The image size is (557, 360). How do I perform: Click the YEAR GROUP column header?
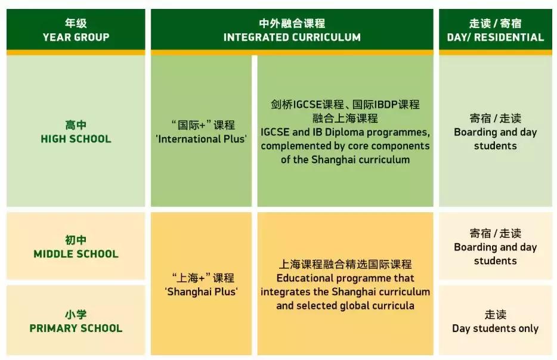pyautogui.click(x=75, y=37)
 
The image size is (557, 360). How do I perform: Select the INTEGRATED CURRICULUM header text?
pyautogui.click(x=292, y=37)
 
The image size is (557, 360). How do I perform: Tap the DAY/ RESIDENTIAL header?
pyautogui.click(x=495, y=37)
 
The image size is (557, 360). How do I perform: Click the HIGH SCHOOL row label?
pyautogui.click(x=76, y=139)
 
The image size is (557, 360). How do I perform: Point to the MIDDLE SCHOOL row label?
pyautogui.click(x=76, y=254)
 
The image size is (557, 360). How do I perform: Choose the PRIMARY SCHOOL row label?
pyautogui.click(x=76, y=328)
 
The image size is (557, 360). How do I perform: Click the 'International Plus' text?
pyautogui.click(x=201, y=139)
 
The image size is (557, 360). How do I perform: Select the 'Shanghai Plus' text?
pyautogui.click(x=201, y=291)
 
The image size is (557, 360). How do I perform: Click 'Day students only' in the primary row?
pyautogui.click(x=495, y=328)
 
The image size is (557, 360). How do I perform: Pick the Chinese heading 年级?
pyautogui.click(x=76, y=24)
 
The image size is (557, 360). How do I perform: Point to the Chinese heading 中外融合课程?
pyautogui.click(x=292, y=24)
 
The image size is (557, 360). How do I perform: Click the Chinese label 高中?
pyautogui.click(x=76, y=125)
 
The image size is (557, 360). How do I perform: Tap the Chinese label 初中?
pyautogui.click(x=76, y=240)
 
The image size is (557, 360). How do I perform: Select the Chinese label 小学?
pyautogui.click(x=76, y=314)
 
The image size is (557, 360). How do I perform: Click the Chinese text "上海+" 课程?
pyautogui.click(x=201, y=278)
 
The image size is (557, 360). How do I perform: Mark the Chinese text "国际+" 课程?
pyautogui.click(x=201, y=125)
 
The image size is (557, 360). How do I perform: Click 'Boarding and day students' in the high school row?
pyautogui.click(x=495, y=139)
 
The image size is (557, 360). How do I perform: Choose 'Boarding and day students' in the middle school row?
pyautogui.click(x=495, y=254)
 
